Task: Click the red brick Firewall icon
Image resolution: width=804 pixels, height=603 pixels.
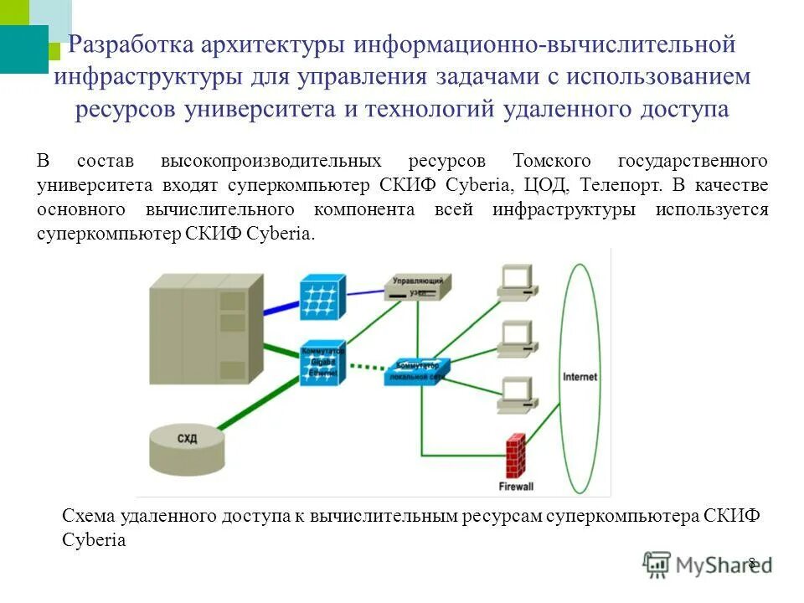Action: (x=515, y=456)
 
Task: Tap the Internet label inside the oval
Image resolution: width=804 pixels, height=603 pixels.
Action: (x=580, y=377)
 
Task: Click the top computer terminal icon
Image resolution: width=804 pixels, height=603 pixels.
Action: (x=516, y=282)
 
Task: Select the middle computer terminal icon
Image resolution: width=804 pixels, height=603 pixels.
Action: (x=516, y=338)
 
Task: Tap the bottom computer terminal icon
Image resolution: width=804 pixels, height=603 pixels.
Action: (x=516, y=394)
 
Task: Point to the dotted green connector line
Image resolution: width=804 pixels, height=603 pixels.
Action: (x=369, y=365)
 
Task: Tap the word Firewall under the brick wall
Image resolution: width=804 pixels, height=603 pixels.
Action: (x=516, y=486)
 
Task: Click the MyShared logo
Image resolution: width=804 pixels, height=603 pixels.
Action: (x=708, y=564)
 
